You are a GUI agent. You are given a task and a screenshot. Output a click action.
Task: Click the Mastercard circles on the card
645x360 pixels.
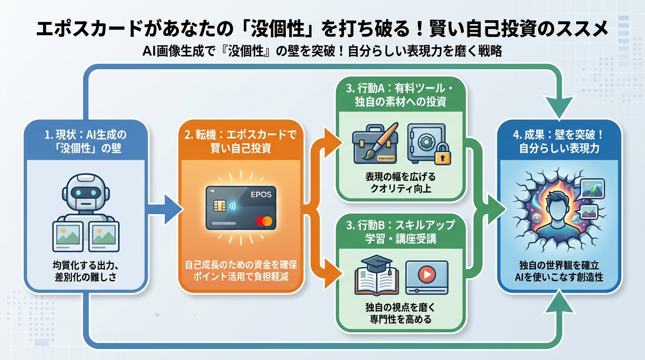pyautogui.click(x=268, y=220)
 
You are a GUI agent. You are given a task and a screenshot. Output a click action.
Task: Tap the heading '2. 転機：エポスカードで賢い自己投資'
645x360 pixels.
pyautogui.click(x=241, y=141)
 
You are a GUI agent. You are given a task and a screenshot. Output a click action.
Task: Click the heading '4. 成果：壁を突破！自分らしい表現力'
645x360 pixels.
pyautogui.click(x=560, y=141)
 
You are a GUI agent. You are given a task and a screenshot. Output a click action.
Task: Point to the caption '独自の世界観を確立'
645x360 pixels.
pyautogui.click(x=560, y=265)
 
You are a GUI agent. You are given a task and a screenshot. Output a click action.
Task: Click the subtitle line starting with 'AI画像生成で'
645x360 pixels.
pyautogui.click(x=322, y=52)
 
